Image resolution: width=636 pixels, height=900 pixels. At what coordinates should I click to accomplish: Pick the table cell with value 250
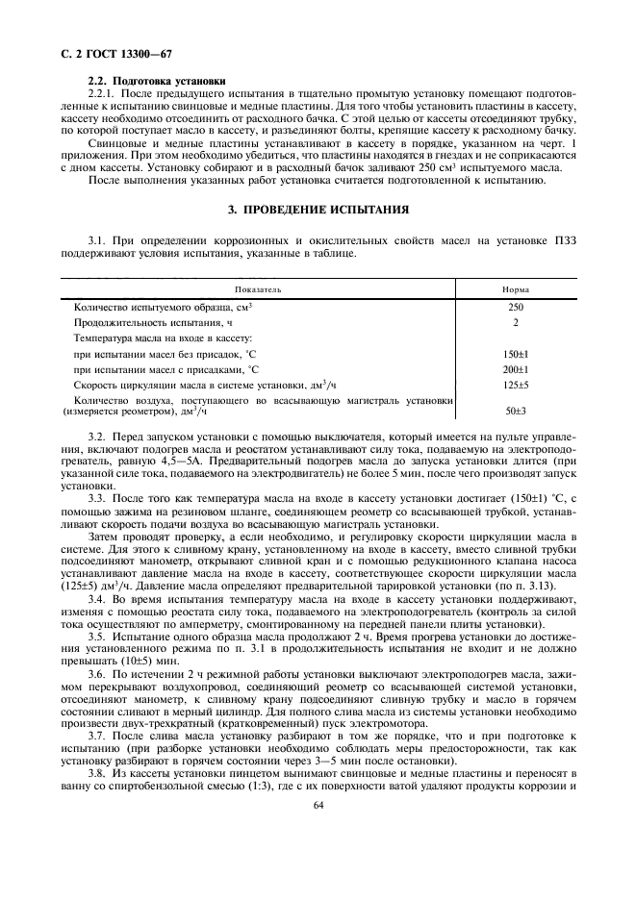coord(516,307)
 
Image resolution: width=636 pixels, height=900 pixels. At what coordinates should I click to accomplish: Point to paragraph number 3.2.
coord(97,437)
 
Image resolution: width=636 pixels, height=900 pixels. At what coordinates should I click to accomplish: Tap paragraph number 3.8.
coord(97,773)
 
